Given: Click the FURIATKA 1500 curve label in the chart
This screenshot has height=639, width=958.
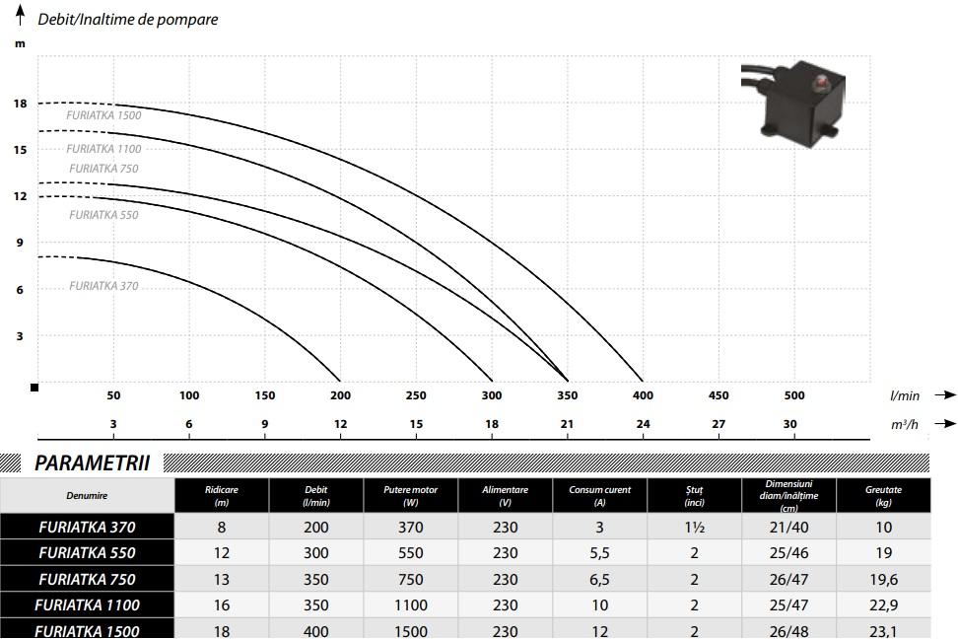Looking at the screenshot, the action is (x=103, y=115).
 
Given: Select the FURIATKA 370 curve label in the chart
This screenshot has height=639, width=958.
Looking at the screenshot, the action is (x=103, y=286).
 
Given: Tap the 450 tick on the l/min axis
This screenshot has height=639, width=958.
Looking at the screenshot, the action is (x=718, y=395).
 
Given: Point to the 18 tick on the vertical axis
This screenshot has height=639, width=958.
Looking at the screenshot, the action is (x=20, y=104).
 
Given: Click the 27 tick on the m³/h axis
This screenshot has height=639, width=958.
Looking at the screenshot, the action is (x=718, y=424).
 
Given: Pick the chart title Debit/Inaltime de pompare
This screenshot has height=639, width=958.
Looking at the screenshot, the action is (x=128, y=19).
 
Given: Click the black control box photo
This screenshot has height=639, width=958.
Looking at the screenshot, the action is (x=793, y=104).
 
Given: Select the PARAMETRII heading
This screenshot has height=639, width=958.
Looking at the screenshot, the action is (x=93, y=462).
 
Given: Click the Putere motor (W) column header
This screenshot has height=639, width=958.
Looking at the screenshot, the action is (x=411, y=496).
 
